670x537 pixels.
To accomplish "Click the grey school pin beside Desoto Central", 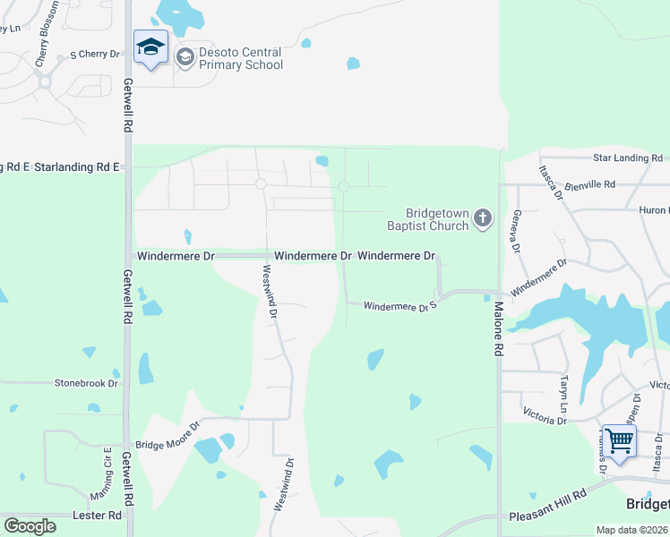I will tap(185, 59).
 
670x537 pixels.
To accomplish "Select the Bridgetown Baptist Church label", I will tap(437, 219).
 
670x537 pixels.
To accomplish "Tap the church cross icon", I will tap(484, 218).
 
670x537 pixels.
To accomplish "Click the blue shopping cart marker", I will tap(619, 441).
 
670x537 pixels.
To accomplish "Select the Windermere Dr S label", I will tap(399, 307).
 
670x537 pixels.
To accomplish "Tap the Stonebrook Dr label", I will tap(86, 383).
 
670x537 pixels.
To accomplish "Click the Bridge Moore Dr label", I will tap(166, 445).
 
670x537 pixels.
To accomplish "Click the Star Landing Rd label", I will tap(626, 158).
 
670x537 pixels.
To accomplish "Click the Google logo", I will tap(30, 526).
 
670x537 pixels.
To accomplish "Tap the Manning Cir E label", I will tap(107, 473).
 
